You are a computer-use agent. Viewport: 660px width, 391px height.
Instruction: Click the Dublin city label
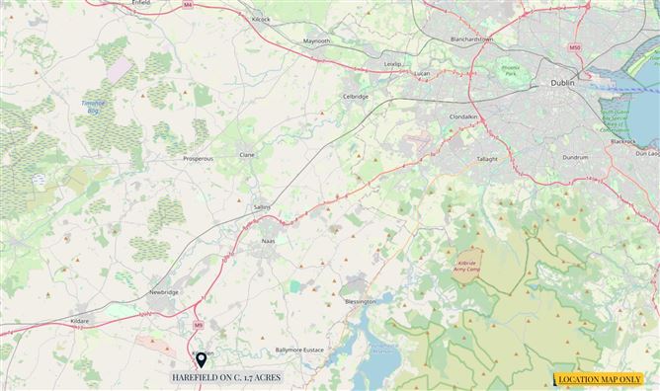click(x=560, y=84)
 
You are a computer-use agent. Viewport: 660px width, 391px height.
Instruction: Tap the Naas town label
click(x=268, y=241)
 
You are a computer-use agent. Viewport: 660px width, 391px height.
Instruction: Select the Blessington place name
click(x=361, y=301)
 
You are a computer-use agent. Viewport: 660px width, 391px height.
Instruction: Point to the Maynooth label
click(x=317, y=41)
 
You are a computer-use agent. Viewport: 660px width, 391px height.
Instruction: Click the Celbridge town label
click(x=355, y=97)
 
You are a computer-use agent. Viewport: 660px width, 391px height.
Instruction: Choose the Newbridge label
click(x=163, y=293)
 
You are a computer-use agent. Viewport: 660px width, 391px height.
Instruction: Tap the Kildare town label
click(x=79, y=321)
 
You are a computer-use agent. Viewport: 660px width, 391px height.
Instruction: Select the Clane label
click(x=248, y=155)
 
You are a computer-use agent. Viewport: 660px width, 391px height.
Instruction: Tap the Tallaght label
click(x=487, y=158)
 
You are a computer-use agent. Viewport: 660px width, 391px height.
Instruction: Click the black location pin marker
click(x=202, y=359)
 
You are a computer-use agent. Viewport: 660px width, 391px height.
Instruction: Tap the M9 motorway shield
click(x=198, y=324)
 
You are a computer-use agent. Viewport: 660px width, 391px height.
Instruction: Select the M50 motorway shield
click(x=575, y=47)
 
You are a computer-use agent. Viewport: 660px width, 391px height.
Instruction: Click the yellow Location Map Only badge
click(x=600, y=379)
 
